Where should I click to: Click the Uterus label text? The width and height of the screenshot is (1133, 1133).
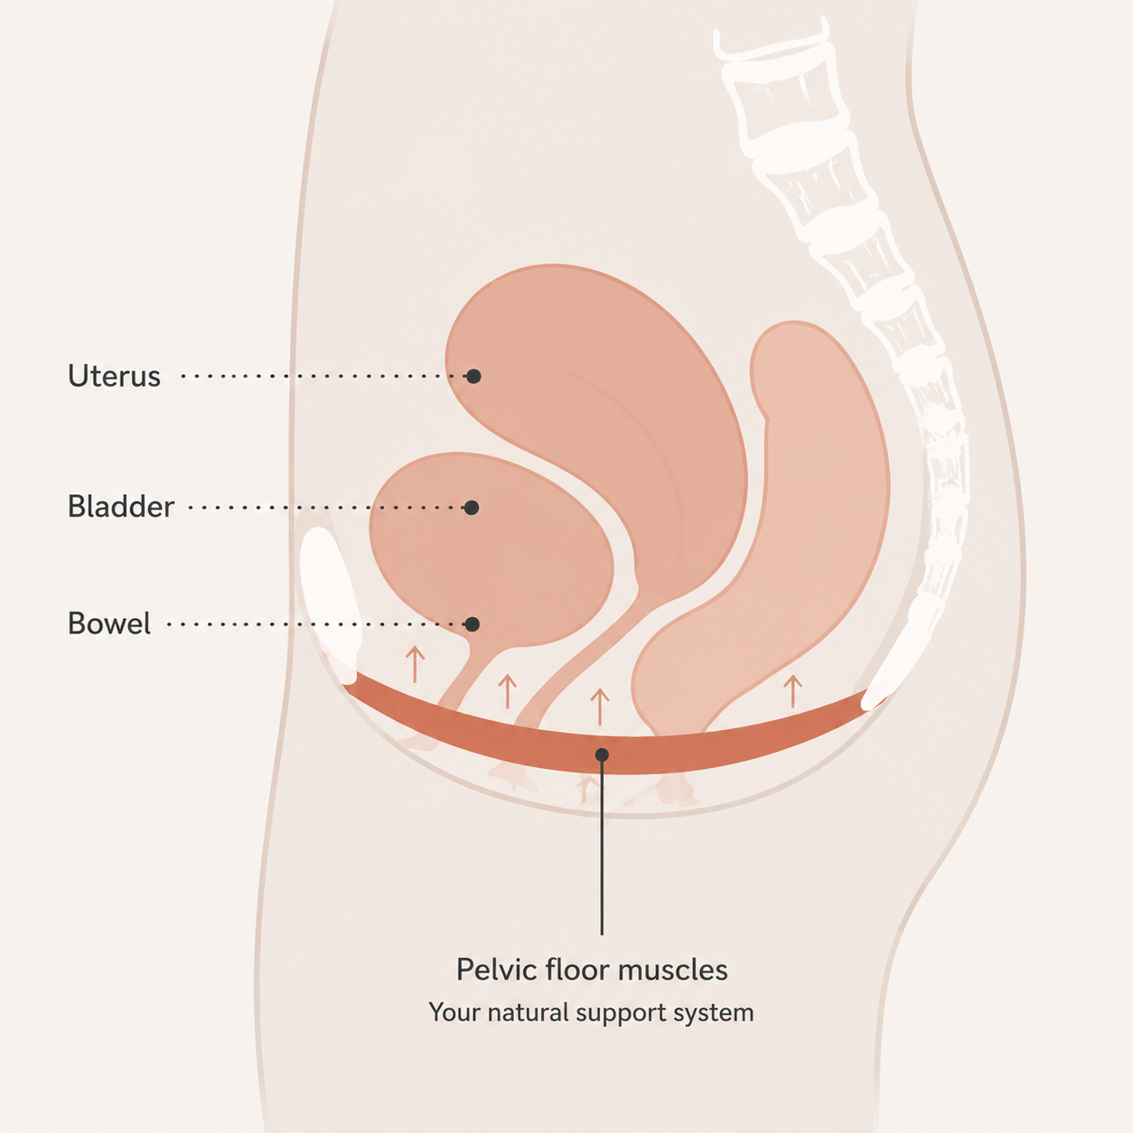[x=114, y=376]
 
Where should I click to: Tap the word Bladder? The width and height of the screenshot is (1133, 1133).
[x=121, y=506]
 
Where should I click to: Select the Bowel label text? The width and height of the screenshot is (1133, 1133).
[x=109, y=623]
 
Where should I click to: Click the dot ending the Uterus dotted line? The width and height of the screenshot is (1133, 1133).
[x=473, y=376]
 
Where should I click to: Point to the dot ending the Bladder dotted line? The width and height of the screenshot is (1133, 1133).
[x=471, y=508]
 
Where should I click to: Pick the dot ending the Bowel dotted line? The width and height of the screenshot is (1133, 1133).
[x=472, y=624]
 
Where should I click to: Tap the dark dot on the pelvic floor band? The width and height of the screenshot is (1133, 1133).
[x=602, y=755]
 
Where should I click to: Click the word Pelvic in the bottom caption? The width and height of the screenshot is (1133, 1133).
[x=497, y=969]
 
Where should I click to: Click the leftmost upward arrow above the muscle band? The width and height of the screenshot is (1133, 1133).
[x=415, y=664]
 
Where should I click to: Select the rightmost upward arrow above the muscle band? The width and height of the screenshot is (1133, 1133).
[x=792, y=691]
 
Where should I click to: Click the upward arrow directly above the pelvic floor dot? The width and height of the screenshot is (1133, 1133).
[x=600, y=707]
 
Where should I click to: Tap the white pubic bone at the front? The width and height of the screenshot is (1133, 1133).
[x=330, y=605]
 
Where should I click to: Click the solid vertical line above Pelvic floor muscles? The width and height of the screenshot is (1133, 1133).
[x=602, y=847]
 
